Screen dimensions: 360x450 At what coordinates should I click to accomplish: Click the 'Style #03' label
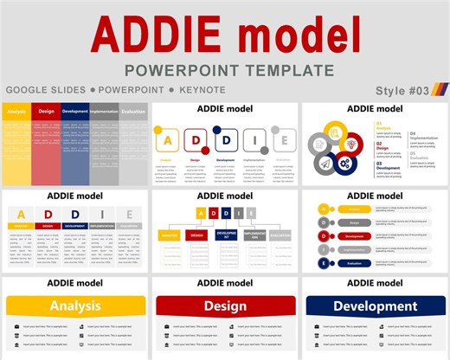[402, 91]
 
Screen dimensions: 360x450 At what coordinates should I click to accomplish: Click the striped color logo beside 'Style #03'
[439, 90]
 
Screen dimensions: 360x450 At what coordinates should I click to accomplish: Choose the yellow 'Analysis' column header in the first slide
[16, 112]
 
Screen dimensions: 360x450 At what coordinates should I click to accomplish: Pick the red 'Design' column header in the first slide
[46, 112]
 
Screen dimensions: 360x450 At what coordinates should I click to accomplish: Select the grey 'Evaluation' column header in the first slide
[133, 112]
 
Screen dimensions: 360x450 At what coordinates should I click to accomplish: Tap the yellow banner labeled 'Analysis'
[75, 305]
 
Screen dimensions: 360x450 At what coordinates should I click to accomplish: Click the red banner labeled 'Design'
[225, 305]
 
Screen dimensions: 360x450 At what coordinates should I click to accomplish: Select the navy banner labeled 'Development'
[375, 305]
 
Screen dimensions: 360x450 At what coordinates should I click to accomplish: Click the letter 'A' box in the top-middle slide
[169, 140]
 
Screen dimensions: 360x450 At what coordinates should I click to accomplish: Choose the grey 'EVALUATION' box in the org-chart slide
[280, 235]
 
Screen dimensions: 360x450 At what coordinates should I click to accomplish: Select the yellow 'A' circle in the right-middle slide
[324, 208]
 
